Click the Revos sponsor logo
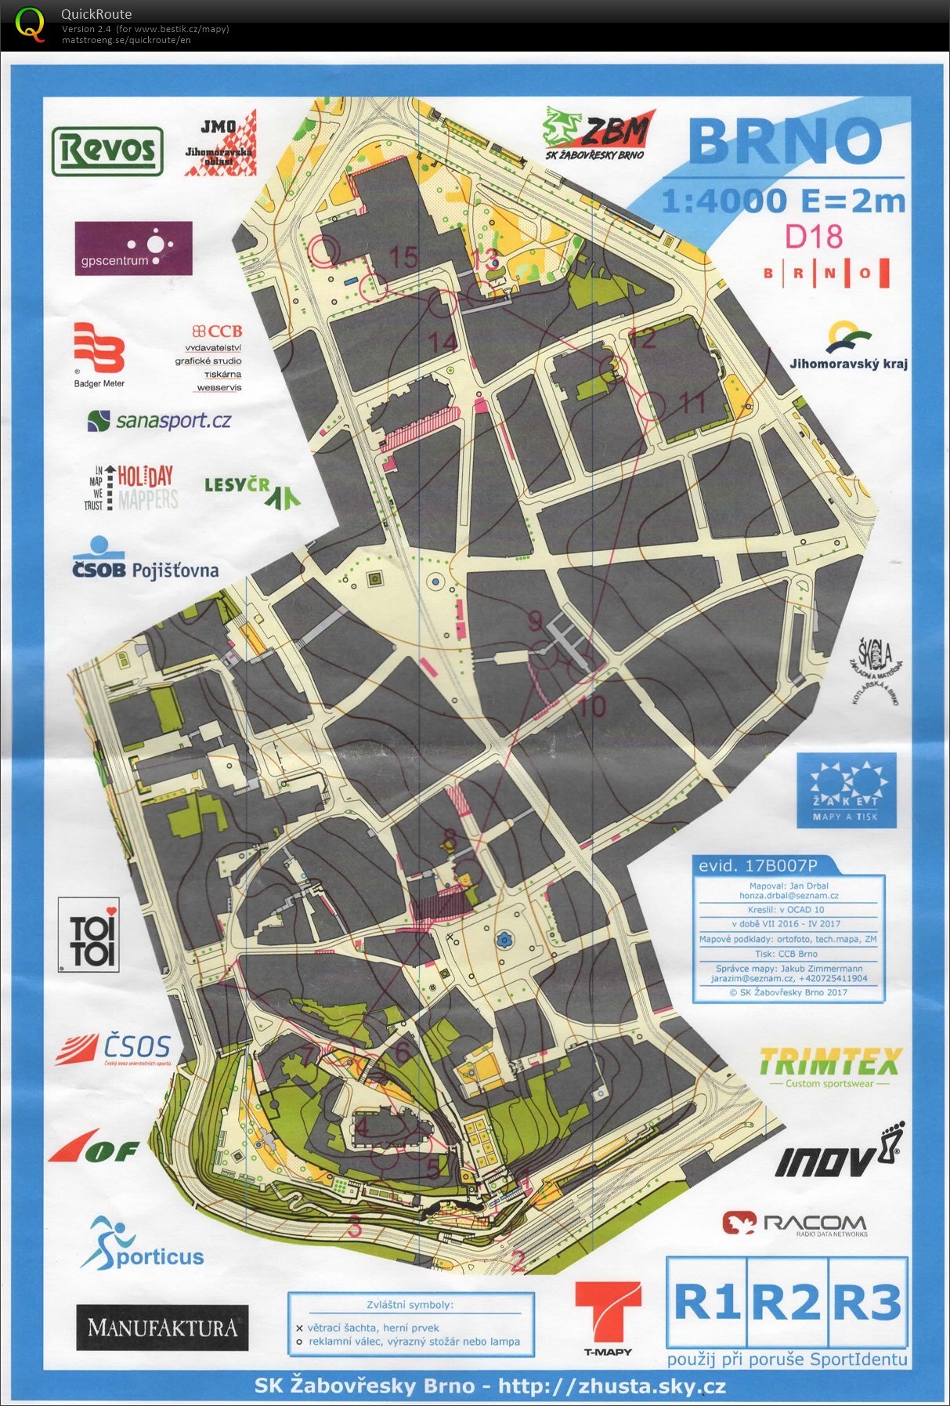107,150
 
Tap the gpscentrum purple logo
133,248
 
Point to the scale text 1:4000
723,201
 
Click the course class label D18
814,237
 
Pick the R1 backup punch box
706,1302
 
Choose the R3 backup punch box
867,1302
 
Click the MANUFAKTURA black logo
162,1328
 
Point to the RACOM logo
795,1224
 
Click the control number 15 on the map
403,257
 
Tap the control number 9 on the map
535,621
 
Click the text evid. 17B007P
757,866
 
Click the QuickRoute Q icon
30,24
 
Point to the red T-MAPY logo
608,1317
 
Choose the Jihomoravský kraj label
848,364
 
